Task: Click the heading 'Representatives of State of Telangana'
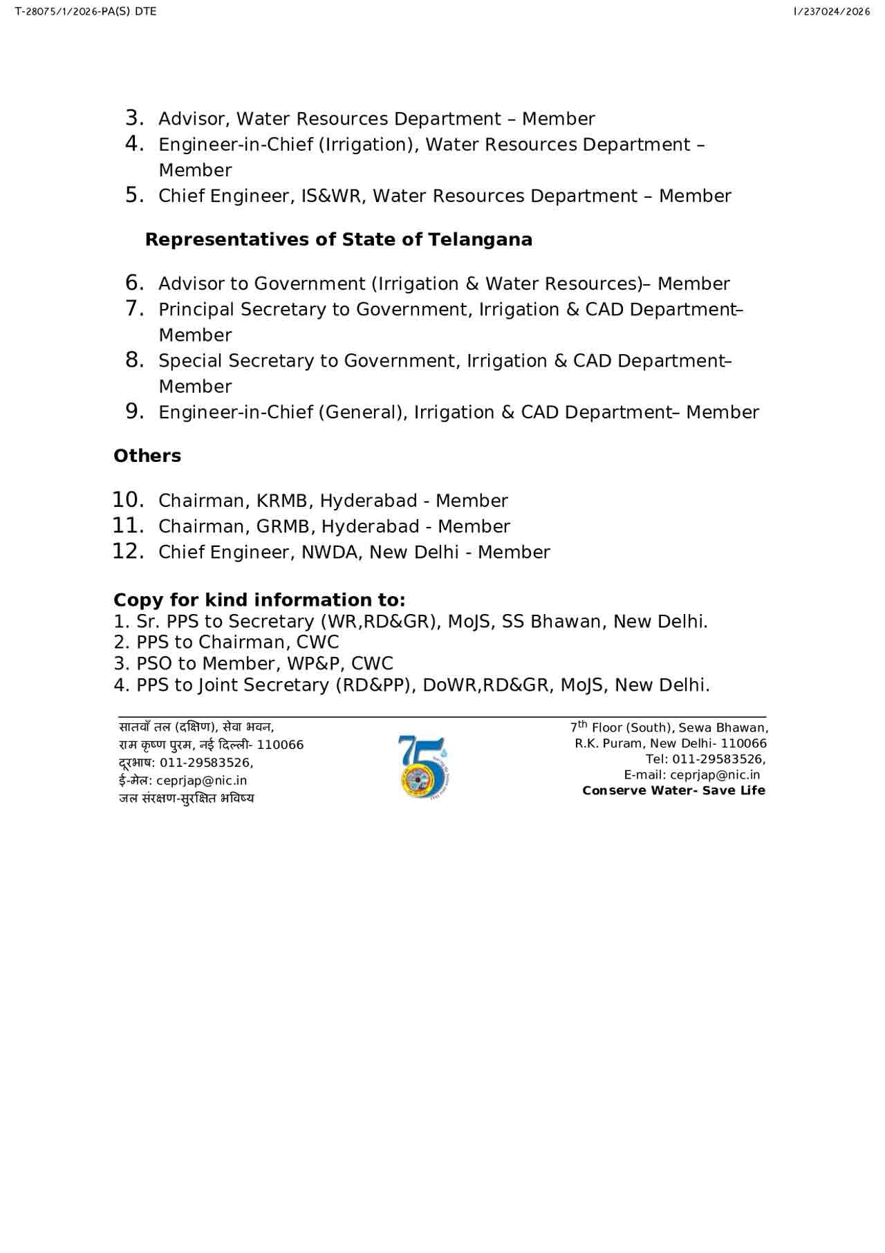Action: click(339, 240)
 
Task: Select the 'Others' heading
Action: click(147, 456)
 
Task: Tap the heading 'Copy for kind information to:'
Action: click(259, 600)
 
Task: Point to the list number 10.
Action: click(128, 500)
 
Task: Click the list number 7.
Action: click(134, 308)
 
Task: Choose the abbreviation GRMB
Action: click(283, 527)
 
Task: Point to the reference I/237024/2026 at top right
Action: click(832, 12)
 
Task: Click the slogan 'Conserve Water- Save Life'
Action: click(673, 791)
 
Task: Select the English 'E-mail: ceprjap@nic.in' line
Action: click(691, 775)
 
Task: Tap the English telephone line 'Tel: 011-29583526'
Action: click(705, 759)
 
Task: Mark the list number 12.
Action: click(128, 552)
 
